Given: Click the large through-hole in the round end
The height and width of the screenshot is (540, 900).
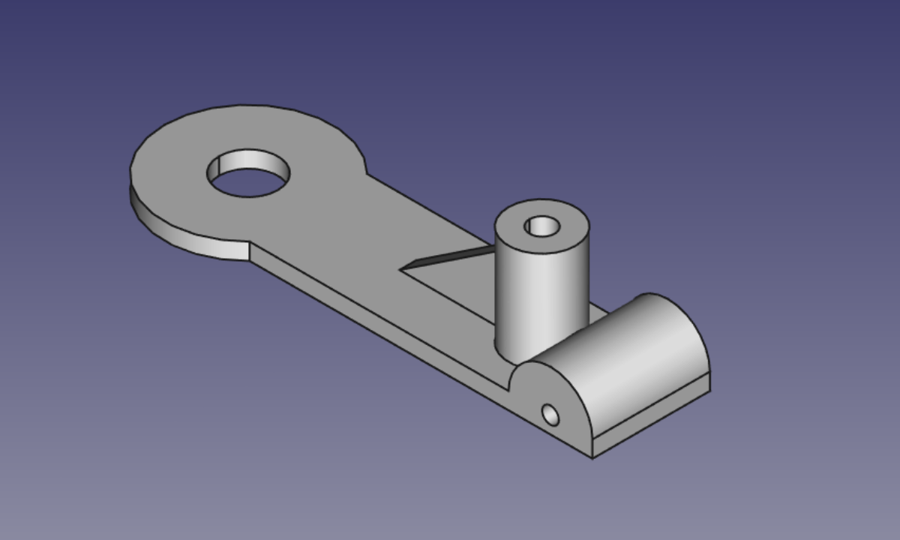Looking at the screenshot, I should click(x=249, y=180).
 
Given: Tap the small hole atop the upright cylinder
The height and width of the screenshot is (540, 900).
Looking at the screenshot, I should click(x=541, y=226).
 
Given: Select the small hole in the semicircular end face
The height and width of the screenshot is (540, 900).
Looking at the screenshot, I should click(x=550, y=414).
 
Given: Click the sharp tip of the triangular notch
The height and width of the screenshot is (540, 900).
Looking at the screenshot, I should click(x=401, y=268).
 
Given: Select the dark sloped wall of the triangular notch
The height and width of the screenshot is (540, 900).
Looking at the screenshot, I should click(x=450, y=256).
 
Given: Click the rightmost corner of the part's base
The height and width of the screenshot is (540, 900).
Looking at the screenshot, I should click(x=709, y=388).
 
